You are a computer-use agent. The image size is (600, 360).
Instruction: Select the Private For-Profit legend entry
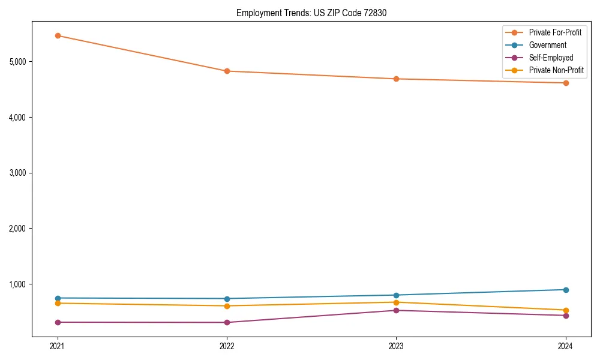555,32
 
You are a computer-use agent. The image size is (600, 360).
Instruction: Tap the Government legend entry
547,45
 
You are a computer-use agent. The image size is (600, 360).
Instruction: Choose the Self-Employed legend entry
551,58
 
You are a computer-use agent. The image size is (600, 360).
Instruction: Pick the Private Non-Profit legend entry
556,71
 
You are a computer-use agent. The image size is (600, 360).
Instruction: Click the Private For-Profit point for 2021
58,35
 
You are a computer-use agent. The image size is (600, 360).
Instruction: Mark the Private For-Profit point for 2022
227,71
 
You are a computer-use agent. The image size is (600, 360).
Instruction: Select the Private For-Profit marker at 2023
396,79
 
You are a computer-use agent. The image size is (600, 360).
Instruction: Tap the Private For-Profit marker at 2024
566,83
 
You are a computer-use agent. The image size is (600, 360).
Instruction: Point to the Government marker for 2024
566,290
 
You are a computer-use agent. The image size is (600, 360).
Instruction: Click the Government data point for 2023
396,295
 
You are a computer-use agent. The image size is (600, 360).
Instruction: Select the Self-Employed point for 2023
396,310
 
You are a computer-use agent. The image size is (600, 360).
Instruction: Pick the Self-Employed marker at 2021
58,322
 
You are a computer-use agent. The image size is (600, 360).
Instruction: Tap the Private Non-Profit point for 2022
227,306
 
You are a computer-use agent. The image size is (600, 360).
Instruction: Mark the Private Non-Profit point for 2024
566,310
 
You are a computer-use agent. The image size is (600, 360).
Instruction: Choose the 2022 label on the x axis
227,346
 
